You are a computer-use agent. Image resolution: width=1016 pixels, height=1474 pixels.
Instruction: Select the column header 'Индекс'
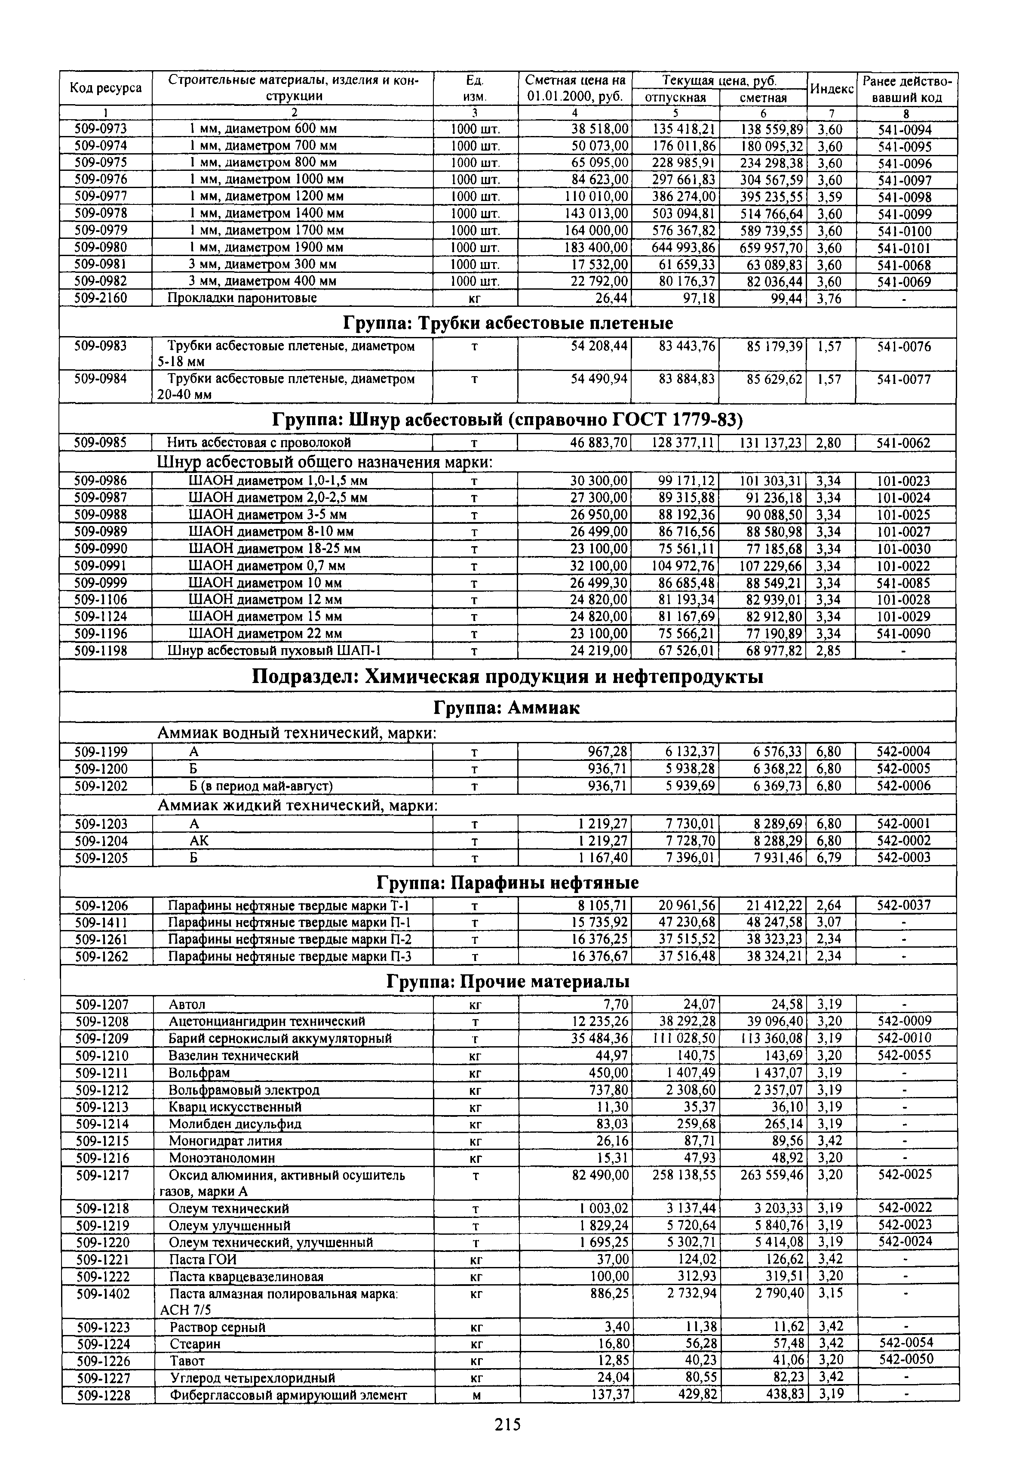click(832, 89)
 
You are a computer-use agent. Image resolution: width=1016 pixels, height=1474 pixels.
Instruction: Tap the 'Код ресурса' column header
click(106, 89)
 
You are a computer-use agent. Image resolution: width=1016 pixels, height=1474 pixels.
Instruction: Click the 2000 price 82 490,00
click(601, 1174)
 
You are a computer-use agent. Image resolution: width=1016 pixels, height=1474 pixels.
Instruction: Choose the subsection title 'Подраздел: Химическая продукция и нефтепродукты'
click(507, 676)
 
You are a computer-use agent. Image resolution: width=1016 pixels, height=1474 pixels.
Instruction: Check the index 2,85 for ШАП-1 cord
click(829, 650)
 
